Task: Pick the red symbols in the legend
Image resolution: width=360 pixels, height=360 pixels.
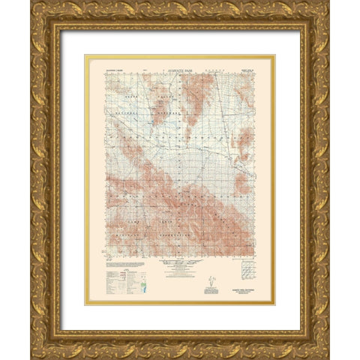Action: [x=120, y=277]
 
